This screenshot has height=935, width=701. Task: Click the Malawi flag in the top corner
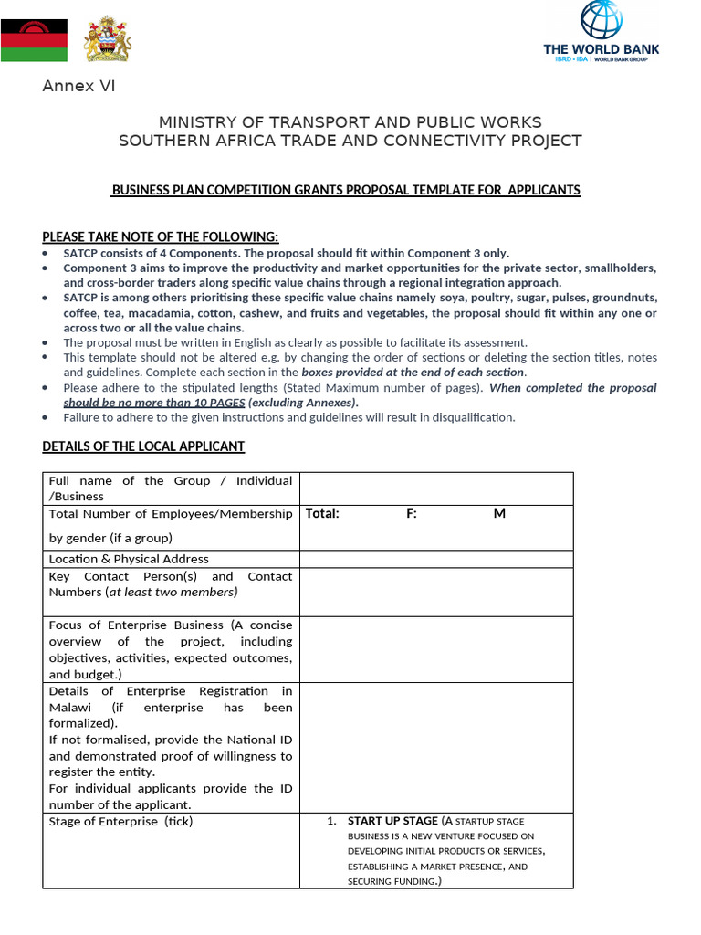34,41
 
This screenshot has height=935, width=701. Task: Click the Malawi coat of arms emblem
108,41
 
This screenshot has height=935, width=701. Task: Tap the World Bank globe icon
601,21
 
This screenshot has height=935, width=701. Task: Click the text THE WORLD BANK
601,49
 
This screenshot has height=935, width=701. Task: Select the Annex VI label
78,87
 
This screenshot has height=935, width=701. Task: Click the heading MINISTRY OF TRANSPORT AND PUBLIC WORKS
350,122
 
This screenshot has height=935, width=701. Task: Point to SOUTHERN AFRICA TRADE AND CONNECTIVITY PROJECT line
350,141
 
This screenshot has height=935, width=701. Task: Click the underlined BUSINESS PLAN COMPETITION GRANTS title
345,190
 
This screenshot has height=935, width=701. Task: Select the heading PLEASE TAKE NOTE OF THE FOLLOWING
161,236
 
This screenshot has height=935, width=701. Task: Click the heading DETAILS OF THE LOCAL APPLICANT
143,446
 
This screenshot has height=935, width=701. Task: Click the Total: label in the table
322,513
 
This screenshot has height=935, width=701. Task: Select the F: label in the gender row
412,513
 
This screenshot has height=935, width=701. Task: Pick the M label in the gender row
499,513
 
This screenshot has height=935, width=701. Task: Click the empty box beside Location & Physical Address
436,559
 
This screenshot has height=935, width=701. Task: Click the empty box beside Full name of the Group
436,489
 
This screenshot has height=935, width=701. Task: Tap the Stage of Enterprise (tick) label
120,821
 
